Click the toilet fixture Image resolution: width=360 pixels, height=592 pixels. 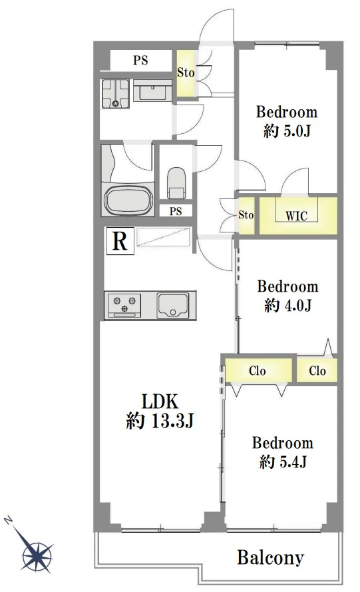pos(176,183)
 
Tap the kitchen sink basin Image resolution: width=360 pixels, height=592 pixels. pos(173,304)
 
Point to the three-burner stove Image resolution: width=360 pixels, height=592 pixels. pos(124,305)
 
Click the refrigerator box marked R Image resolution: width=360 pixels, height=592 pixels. pos(120,240)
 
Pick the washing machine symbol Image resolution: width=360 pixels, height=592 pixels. pos(116,94)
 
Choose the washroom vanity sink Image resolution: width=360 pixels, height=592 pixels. pos(153,91)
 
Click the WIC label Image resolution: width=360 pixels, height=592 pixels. pos(296,216)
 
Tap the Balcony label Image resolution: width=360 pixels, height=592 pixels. pos(271,557)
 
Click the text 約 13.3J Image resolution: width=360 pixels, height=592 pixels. pos(160,420)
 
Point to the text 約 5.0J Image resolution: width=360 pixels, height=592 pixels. pos(287,131)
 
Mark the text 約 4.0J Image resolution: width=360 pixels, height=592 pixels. pos(287,305)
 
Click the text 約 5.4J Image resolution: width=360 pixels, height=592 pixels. pos(283,461)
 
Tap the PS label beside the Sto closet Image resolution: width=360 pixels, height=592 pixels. pos(140,60)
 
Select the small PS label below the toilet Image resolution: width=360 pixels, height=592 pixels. pos(176,211)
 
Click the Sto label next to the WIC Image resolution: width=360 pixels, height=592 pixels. pos(246,215)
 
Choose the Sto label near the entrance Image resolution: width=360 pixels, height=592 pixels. pos(186,72)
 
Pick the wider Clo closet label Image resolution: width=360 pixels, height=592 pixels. pos(258,371)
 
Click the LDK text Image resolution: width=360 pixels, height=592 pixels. pos(160,402)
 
